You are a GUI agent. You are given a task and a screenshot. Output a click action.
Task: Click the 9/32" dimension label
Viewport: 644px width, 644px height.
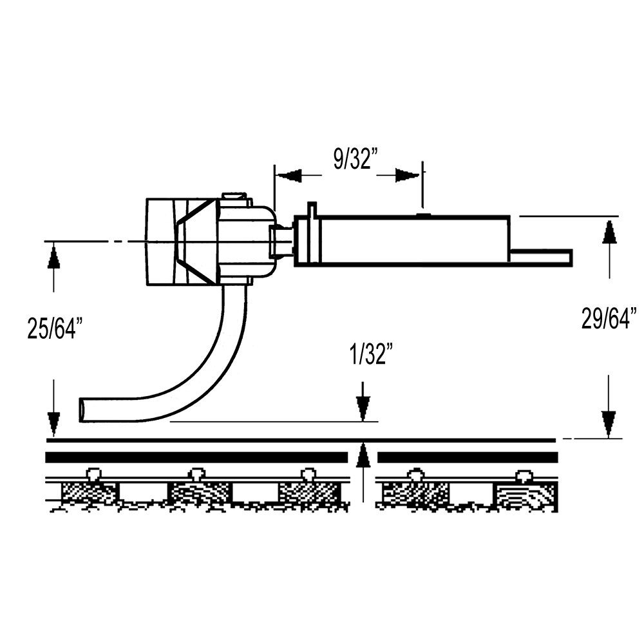(354, 159)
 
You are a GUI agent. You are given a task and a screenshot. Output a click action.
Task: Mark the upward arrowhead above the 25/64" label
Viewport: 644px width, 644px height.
(53, 258)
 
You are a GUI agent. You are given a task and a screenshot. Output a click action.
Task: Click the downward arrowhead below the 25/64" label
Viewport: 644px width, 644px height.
(53, 422)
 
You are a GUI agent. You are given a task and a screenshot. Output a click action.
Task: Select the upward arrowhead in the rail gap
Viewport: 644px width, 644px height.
(363, 457)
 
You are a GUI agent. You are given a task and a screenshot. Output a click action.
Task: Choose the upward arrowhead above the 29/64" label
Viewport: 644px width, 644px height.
(609, 232)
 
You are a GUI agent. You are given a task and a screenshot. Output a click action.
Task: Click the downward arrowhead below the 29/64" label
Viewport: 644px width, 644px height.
(609, 422)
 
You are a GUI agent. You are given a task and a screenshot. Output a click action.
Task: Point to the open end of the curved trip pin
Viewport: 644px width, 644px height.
(82, 410)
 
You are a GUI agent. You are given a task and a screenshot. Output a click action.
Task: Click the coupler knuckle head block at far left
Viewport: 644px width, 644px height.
(161, 241)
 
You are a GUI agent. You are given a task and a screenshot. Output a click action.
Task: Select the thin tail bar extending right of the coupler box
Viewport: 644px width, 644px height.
(541, 257)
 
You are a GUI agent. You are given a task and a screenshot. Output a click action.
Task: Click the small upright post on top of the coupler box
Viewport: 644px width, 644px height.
(312, 211)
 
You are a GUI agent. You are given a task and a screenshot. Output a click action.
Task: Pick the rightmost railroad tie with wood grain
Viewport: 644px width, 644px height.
(525, 497)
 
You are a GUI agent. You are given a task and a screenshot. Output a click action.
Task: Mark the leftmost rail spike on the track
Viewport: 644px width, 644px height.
(95, 475)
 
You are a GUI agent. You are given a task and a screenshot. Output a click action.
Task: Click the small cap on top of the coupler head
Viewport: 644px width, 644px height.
(234, 196)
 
